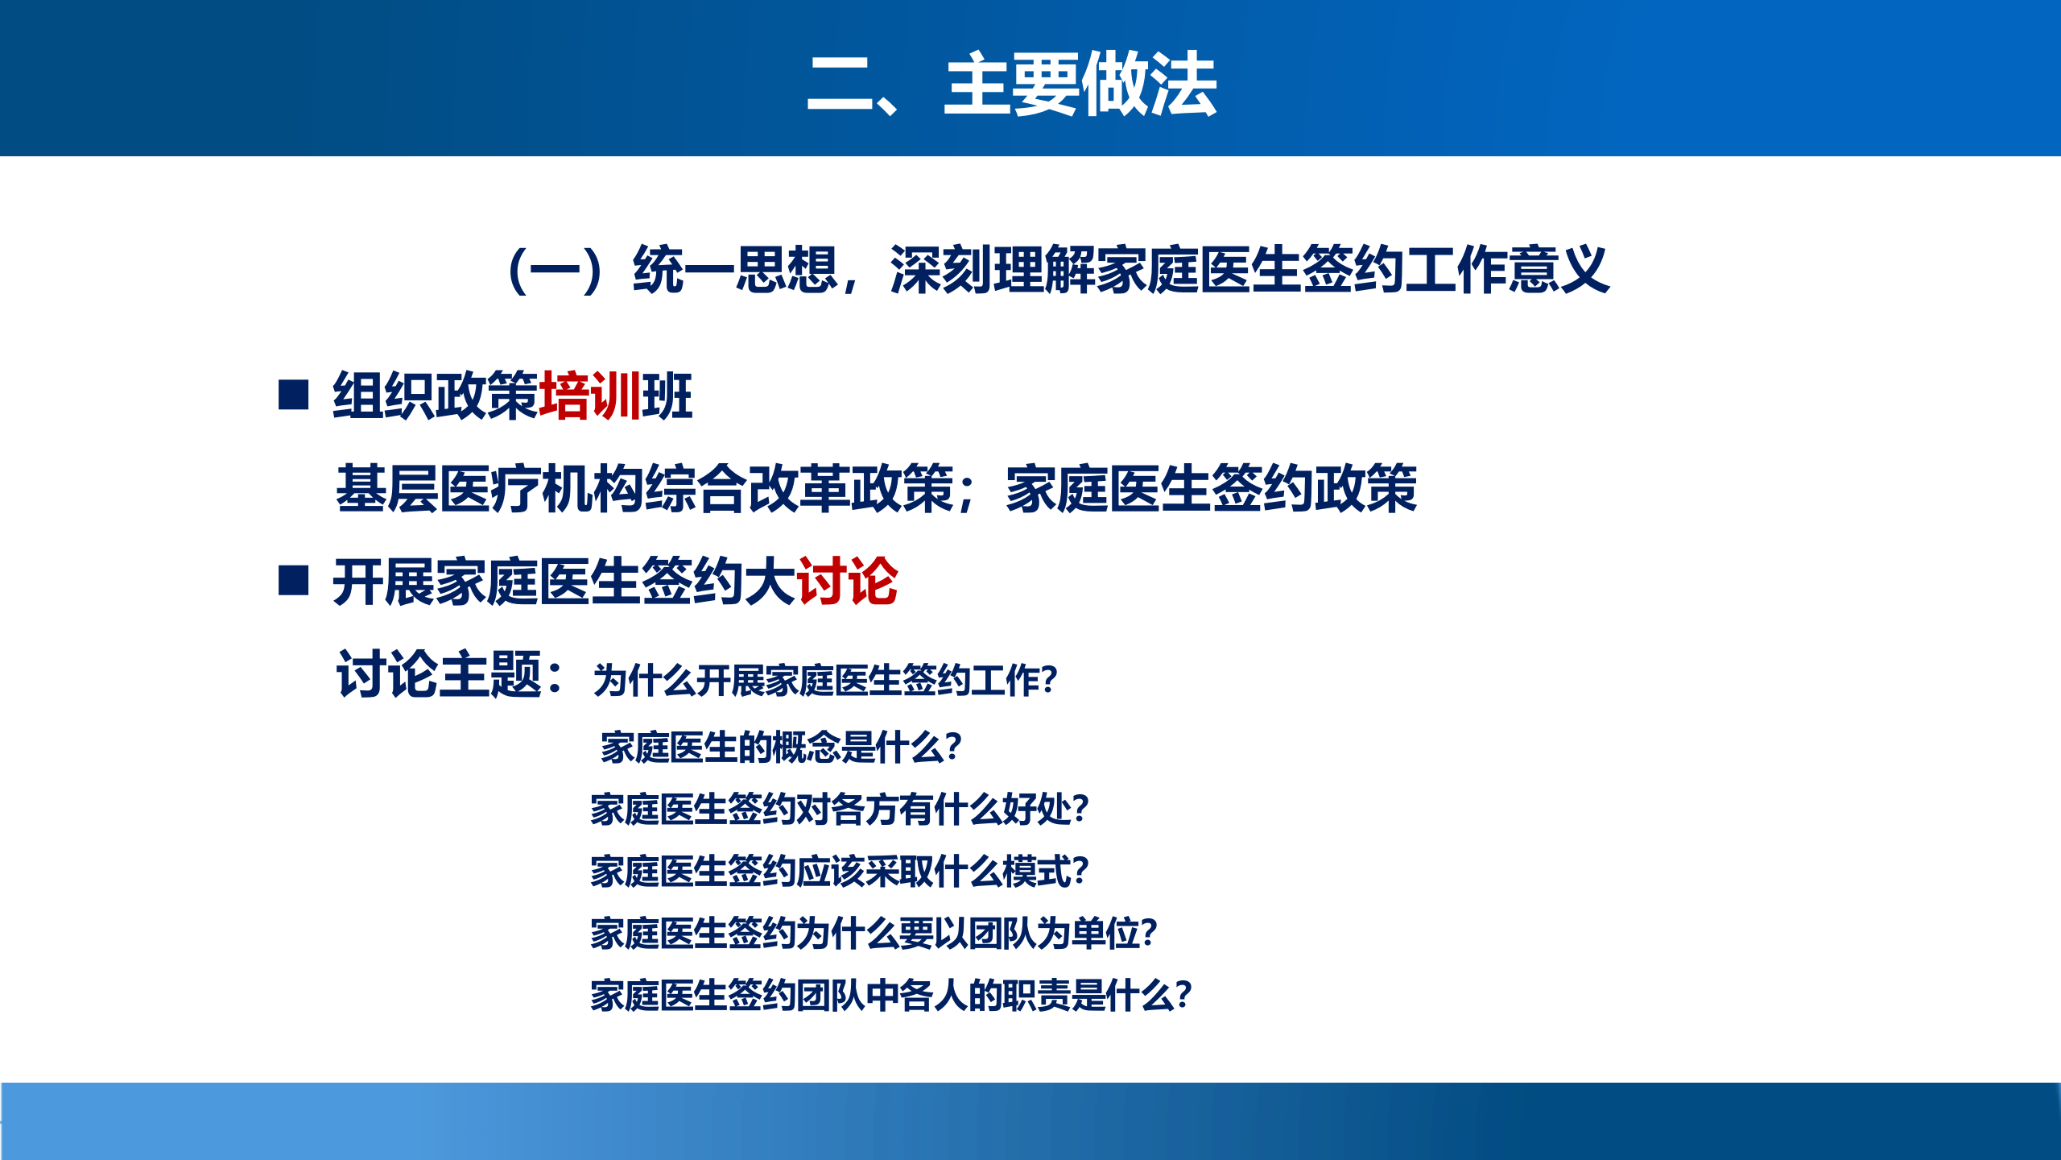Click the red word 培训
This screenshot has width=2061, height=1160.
[589, 396]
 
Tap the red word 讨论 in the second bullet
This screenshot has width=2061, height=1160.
[847, 581]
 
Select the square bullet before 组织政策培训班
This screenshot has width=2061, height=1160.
[293, 395]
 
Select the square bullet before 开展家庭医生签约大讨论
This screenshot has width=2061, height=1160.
[293, 580]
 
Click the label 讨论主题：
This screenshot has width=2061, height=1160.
[451, 674]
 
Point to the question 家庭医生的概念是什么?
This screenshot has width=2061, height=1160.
[781, 747]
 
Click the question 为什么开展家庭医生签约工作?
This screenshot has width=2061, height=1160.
[825, 681]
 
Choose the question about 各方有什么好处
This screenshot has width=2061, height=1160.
[839, 809]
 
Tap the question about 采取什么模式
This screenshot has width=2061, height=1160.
[839, 871]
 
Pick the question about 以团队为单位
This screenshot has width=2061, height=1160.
[874, 933]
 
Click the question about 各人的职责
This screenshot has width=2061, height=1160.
[890, 995]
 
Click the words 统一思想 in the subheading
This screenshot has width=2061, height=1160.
[734, 269]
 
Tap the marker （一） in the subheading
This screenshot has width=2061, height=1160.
[556, 271]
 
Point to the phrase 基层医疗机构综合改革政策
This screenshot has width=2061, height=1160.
[644, 488]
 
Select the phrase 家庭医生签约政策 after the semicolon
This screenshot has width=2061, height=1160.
[1211, 488]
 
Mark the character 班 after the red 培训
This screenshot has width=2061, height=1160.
[667, 396]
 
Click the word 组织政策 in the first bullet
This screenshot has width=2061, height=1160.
[435, 396]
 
